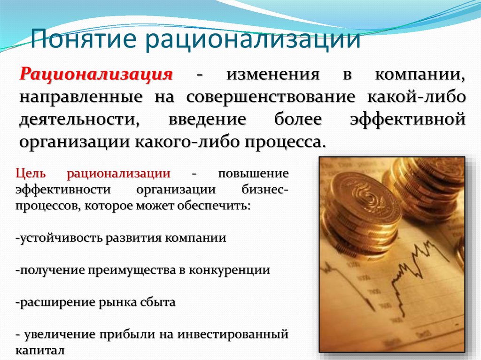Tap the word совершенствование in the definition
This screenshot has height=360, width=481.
(271, 97)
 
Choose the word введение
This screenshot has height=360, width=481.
(207, 120)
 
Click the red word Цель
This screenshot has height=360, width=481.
(31, 174)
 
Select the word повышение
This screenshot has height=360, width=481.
(253, 174)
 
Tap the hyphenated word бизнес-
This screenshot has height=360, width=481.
(265, 189)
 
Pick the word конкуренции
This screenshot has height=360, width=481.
(229, 270)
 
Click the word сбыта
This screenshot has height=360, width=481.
(158, 302)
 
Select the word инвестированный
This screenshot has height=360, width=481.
(233, 334)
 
